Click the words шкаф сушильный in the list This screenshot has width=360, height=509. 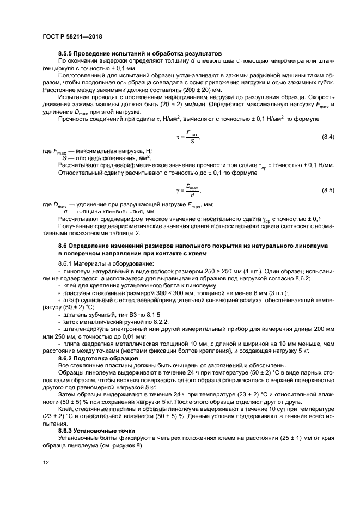pyautogui.click(x=87, y=300)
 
